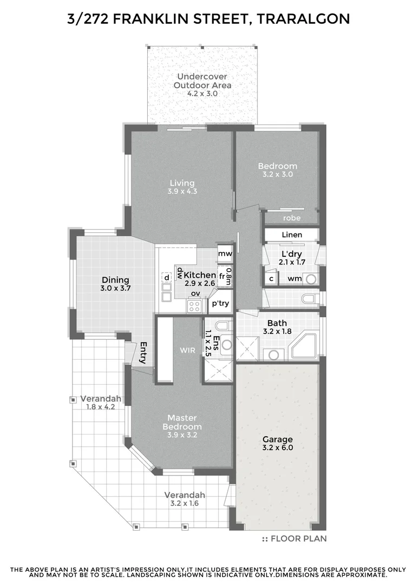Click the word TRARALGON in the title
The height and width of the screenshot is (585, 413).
[304, 19]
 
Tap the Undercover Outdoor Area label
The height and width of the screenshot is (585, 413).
[202, 81]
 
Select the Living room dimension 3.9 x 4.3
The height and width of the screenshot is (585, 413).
[181, 191]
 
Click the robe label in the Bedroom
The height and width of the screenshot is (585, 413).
[291, 218]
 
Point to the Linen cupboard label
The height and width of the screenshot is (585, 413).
[292, 235]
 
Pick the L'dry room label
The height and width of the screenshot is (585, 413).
[292, 254]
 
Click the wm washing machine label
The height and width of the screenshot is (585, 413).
[294, 278]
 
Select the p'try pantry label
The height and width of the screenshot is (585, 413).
[220, 304]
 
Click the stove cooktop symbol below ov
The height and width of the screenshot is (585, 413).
[194, 306]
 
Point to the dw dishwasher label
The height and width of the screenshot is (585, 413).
[179, 272]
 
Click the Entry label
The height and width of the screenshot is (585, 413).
[145, 353]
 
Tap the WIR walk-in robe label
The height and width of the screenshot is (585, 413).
[187, 350]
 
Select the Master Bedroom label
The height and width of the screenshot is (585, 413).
[181, 422]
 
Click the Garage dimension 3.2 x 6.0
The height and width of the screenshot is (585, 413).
[277, 448]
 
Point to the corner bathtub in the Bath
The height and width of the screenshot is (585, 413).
[305, 346]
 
